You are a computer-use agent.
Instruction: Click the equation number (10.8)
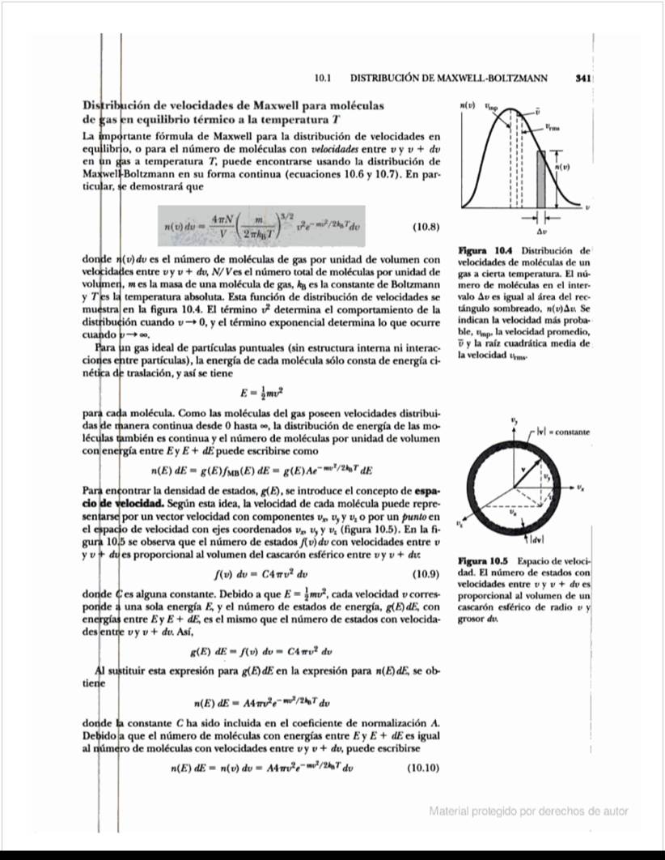click(x=426, y=227)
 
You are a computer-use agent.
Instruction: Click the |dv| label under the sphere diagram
click(x=536, y=539)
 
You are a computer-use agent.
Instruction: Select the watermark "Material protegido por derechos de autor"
click(x=528, y=811)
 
